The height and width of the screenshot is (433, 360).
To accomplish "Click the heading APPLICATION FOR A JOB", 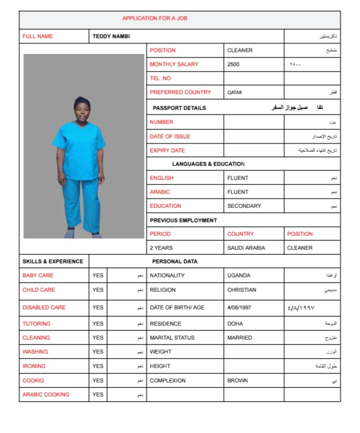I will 155,18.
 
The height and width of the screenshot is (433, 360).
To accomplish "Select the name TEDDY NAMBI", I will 111,37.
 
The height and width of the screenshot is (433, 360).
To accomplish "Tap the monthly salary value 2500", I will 233,64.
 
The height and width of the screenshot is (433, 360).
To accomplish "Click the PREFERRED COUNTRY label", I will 180,92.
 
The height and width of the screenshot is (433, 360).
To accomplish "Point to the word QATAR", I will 234,92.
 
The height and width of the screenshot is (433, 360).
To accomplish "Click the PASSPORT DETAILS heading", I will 179,108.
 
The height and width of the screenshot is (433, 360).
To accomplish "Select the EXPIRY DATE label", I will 167,151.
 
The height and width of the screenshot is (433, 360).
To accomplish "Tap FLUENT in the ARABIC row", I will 237,192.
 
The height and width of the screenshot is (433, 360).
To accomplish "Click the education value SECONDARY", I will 244,206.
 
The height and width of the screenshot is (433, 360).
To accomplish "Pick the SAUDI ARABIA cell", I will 246,248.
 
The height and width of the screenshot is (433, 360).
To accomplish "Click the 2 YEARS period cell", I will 161,248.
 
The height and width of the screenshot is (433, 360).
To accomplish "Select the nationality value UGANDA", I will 239,276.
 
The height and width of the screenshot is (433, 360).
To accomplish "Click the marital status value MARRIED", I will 239,338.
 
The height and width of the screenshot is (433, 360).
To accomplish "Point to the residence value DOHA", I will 235,324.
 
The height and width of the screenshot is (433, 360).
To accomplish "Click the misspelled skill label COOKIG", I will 33,381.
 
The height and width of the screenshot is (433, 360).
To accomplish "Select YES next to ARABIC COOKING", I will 98,395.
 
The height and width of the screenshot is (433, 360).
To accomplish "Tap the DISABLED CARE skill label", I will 44,308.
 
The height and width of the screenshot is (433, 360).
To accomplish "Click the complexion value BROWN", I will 237,381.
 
